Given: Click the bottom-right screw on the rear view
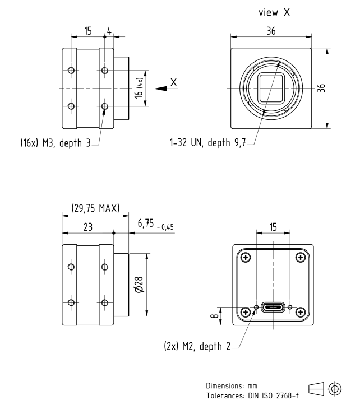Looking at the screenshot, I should [x=300, y=312].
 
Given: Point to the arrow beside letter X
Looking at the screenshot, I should [x=162, y=89].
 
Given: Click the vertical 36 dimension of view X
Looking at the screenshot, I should [x=335, y=89].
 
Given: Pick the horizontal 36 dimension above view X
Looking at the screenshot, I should [x=271, y=31].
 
